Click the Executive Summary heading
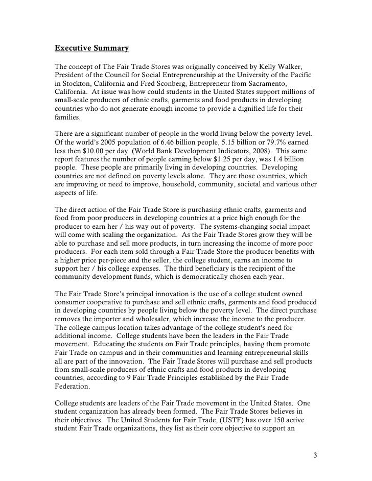pyautogui.click(x=91, y=49)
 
